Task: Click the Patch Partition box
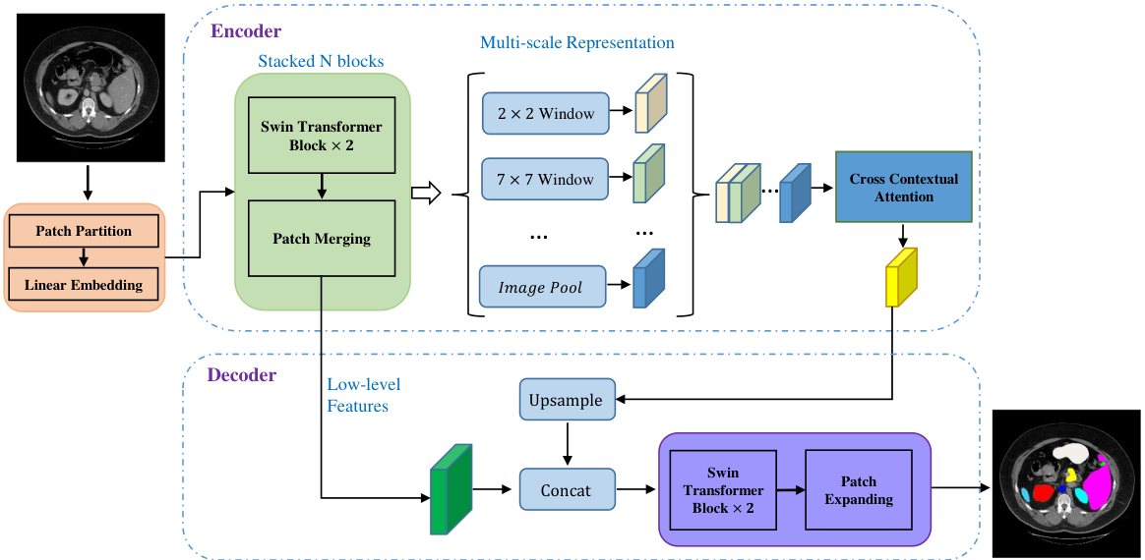(84, 231)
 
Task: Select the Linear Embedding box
(84, 285)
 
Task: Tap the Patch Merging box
(322, 238)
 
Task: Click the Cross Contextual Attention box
(903, 187)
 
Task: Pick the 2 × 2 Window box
(545, 113)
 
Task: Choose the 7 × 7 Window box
(545, 178)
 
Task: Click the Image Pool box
(543, 287)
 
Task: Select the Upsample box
(568, 399)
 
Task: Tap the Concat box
(568, 489)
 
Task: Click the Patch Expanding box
(858, 490)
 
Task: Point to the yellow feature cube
(901, 278)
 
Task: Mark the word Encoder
(246, 31)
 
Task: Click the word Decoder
(242, 375)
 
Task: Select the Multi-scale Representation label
(576, 43)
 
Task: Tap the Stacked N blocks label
(322, 61)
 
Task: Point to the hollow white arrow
(427, 195)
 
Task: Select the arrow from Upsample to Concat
(568, 444)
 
